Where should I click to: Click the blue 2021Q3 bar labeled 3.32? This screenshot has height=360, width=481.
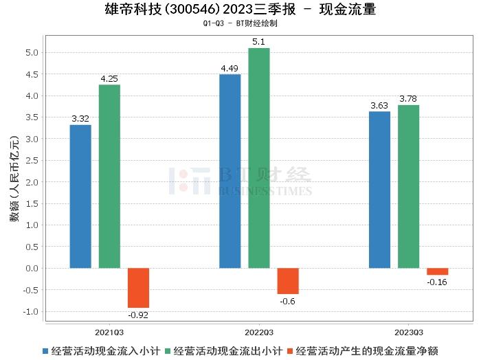click(x=80, y=196)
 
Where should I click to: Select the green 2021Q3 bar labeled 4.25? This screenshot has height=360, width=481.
click(x=109, y=177)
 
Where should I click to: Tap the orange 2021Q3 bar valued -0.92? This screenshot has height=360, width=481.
click(x=138, y=288)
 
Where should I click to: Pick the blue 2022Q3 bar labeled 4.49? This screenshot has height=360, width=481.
click(x=230, y=171)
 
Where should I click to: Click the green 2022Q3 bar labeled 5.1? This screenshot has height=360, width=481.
click(x=259, y=158)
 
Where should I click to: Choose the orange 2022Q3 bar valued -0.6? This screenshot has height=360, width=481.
click(x=288, y=281)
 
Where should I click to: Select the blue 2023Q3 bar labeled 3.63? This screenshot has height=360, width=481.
click(x=379, y=190)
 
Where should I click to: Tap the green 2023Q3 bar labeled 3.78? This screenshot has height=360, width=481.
click(x=408, y=186)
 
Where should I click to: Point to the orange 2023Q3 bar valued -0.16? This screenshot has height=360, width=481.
click(x=437, y=271)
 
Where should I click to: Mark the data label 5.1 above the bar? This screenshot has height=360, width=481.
click(x=259, y=42)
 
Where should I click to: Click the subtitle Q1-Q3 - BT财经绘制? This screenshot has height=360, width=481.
click(x=240, y=23)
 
